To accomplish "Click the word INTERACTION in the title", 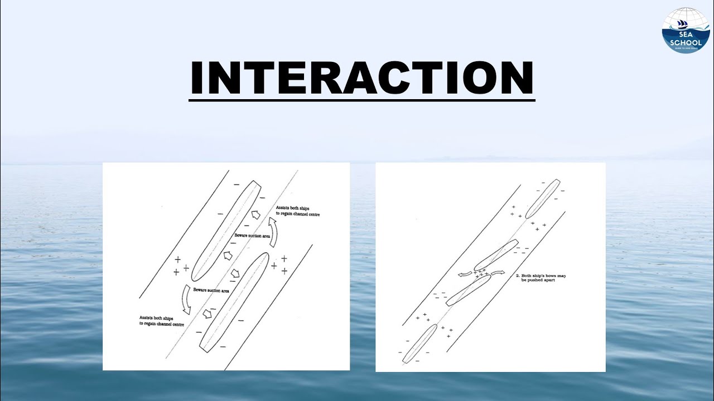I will coord(361,79).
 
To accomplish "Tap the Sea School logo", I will coord(685,30).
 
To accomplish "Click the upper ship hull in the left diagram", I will coord(227,228).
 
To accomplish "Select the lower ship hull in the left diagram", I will coord(234,304).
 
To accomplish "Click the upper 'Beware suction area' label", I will coord(252,236).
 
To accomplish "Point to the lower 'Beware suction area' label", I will coord(212,290).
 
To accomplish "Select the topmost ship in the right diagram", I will coord(542,199).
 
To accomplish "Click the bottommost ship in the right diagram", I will coord(419,344).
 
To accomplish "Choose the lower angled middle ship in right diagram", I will coord(468,290).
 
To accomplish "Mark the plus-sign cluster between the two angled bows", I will coord(480,272).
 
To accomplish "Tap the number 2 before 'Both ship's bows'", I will coord(517,275).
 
